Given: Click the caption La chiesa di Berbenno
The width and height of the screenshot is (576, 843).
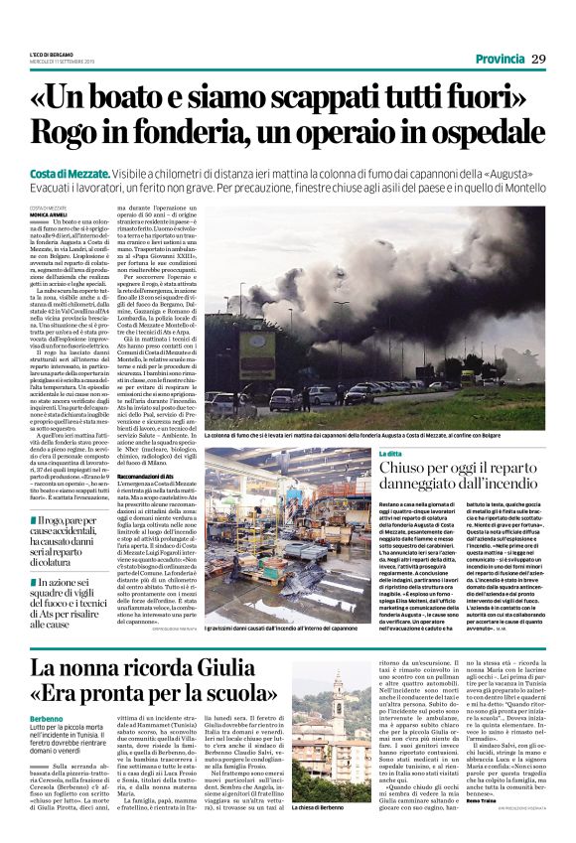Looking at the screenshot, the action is (320, 807).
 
